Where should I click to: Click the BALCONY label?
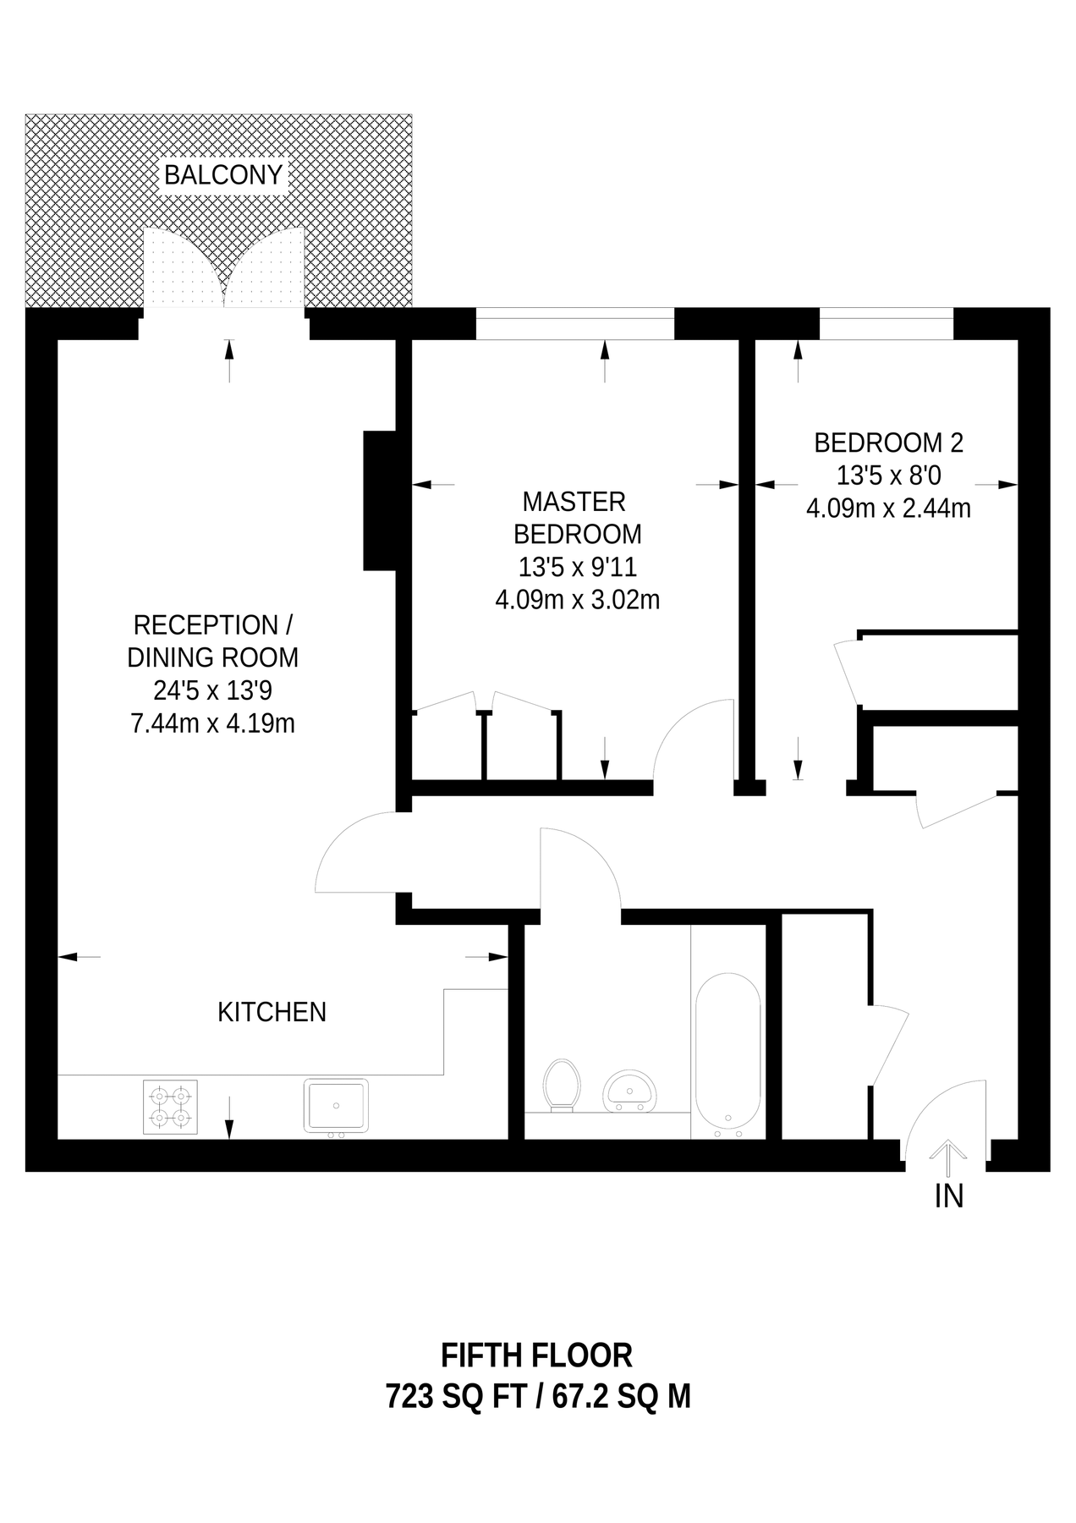223,175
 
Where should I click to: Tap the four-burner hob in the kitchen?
170,1107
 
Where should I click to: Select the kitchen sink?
336,1106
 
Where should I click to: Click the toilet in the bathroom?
561,1084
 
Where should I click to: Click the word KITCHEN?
272,1012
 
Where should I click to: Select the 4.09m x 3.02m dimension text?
577,600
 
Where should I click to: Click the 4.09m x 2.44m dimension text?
888,509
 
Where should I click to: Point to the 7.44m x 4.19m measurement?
212,723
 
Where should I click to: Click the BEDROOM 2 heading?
888,443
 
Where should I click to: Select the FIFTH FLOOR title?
536,1355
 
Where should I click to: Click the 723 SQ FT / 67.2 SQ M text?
538,1395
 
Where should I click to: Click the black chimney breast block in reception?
380,500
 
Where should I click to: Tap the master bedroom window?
575,324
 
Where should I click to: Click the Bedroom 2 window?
886,324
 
